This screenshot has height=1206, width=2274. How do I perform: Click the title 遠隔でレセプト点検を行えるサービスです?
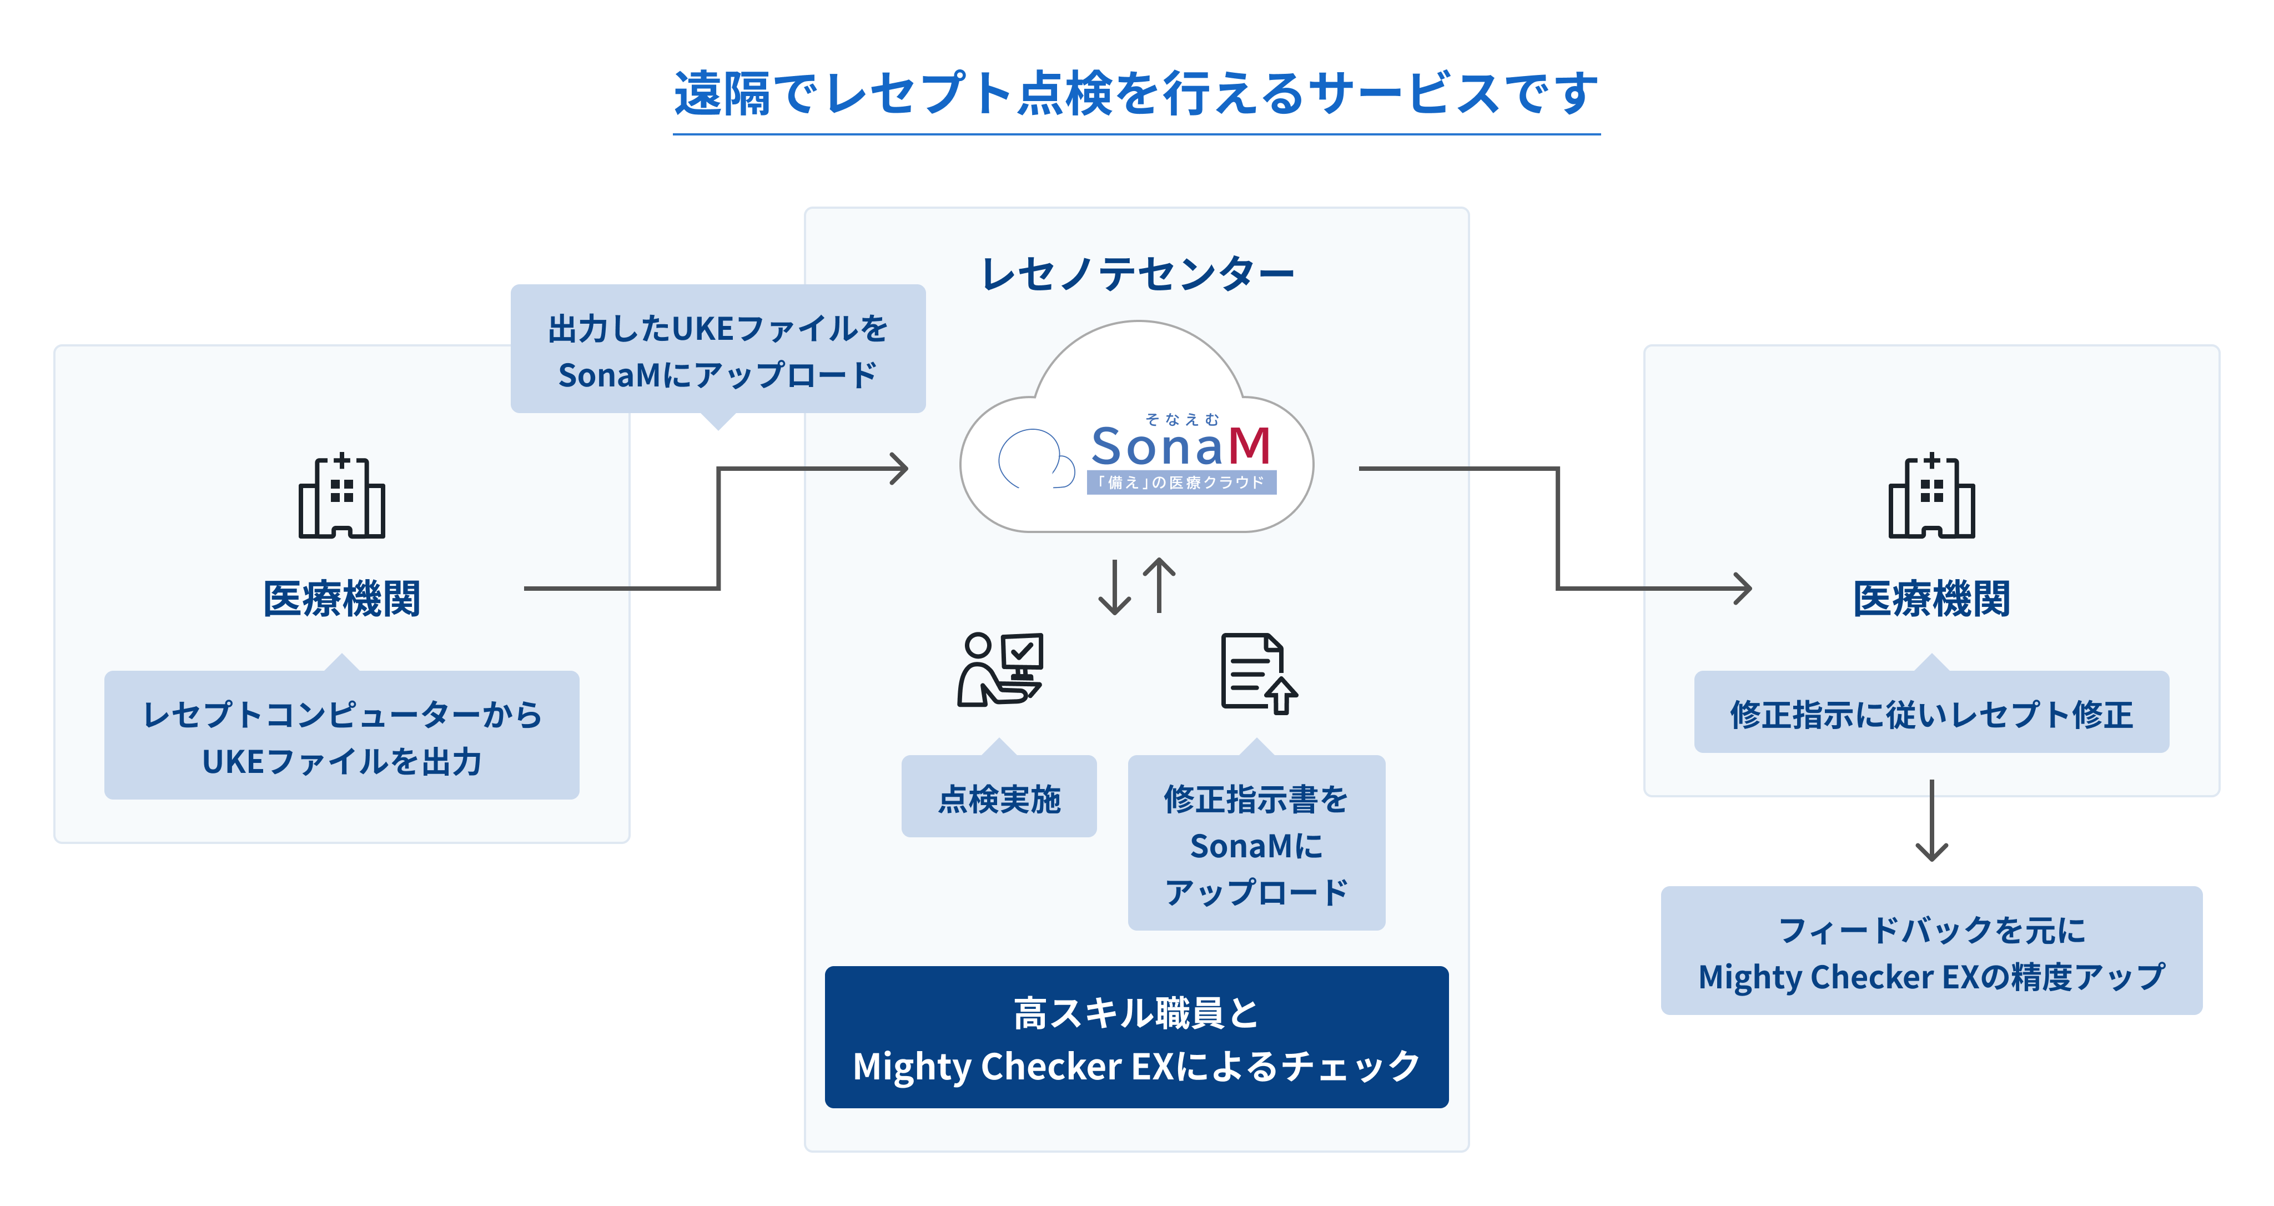[1136, 94]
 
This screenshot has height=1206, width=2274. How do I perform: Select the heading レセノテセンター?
[1137, 274]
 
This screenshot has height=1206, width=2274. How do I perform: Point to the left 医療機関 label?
[341, 599]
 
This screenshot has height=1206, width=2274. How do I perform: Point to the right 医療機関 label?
[1931, 599]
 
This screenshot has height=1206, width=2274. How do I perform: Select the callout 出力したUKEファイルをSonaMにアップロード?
[718, 350]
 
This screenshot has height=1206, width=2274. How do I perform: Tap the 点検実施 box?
[998, 796]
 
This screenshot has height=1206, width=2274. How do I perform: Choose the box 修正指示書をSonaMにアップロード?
[1256, 842]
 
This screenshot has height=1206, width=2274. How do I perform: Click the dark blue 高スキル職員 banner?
[1136, 1037]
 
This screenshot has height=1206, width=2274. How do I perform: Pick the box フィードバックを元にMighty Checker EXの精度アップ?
[1931, 951]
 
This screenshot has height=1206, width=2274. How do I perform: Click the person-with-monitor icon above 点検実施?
[1001, 669]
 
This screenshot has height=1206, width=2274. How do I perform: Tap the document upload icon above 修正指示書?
[1259, 673]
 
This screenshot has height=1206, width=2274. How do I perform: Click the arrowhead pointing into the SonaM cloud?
[899, 469]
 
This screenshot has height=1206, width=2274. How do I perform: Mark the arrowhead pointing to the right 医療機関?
[1743, 589]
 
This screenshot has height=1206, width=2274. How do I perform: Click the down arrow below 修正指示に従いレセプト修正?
[1931, 820]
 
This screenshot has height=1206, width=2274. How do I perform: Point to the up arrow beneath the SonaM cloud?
[1159, 585]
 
